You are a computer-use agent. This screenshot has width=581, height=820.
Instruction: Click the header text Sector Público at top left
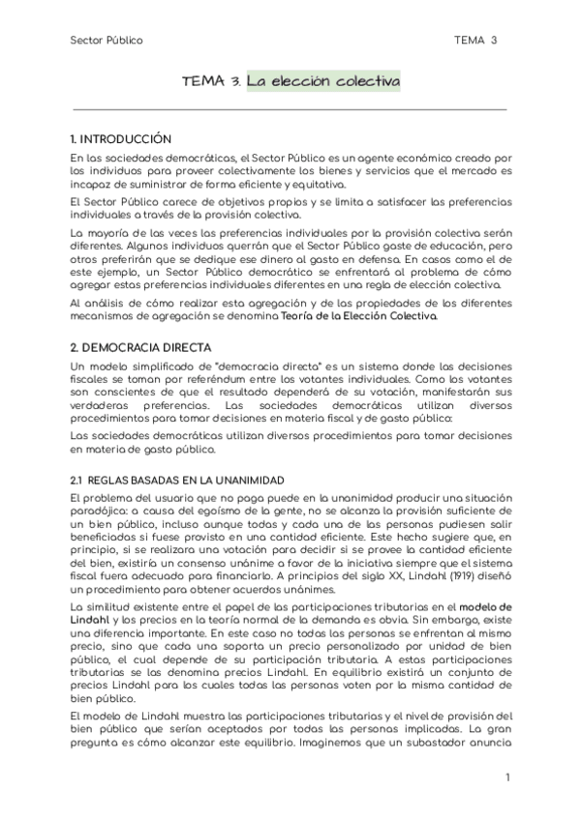click(x=107, y=41)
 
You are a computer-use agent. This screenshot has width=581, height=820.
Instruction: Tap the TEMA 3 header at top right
click(x=475, y=41)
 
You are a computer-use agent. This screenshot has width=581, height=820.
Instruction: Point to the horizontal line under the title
click(x=290, y=110)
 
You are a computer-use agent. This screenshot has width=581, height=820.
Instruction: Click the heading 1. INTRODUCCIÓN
click(x=121, y=138)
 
